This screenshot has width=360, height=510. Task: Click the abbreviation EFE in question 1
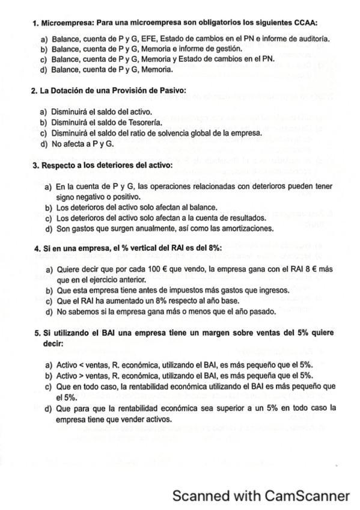click(x=125, y=38)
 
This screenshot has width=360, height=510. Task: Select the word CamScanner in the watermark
click(x=300, y=497)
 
